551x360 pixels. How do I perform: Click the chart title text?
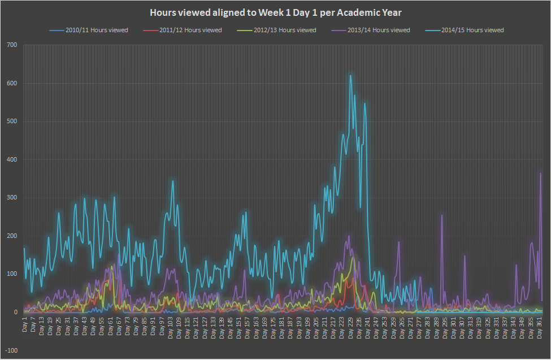[x=276, y=12]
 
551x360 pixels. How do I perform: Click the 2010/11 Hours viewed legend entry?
[x=89, y=30]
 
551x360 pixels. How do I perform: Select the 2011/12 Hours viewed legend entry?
[x=183, y=30]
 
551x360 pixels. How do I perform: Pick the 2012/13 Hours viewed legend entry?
[x=277, y=30]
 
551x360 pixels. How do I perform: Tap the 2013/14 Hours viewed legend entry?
[x=371, y=30]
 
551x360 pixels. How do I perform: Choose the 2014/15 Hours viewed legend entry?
[x=465, y=30]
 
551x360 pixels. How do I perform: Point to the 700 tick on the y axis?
[x=12, y=45]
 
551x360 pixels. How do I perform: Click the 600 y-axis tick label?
[x=12, y=83]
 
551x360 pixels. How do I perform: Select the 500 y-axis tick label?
[x=12, y=122]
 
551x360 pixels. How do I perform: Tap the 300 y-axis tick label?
[x=12, y=198]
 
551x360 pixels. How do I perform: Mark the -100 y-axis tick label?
[x=11, y=350]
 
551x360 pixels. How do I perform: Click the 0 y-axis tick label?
[x=15, y=312]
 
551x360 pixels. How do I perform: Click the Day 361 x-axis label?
[x=540, y=327]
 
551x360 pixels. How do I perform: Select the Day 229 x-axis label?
[x=351, y=327]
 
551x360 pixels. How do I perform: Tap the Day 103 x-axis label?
[x=171, y=327]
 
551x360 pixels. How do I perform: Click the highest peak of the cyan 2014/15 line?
[x=350, y=75]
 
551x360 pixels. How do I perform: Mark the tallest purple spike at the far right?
[x=540, y=172]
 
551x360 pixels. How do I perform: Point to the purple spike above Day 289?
[x=442, y=215]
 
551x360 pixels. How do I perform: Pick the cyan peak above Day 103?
[x=172, y=181]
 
